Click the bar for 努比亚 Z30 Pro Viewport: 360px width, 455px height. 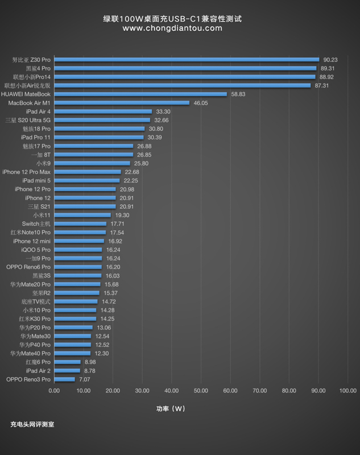187,59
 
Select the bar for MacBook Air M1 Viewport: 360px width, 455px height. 122,102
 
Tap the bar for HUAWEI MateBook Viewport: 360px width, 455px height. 140,94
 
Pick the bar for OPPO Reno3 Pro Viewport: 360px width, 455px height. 64,379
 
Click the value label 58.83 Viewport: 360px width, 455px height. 238,94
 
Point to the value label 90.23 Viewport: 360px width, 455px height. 330,59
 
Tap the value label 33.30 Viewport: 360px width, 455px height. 163,111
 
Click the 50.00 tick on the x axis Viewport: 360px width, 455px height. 201,391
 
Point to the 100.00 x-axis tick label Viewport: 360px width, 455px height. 347,391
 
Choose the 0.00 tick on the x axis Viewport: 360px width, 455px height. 54,391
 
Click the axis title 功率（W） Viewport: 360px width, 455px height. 171,408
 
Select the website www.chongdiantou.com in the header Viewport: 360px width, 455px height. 172,28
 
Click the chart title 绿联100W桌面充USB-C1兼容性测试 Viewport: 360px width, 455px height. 172,18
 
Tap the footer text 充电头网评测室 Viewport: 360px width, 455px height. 32,424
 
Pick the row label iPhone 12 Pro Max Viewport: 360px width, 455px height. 26,172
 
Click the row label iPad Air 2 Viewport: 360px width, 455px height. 38,370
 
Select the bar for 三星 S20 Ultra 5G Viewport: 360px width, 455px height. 102,120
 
